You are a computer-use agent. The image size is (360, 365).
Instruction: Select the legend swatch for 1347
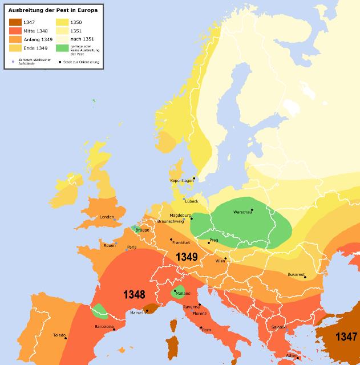pos(15,22)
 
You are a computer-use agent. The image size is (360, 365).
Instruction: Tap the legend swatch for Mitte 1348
pos(15,31)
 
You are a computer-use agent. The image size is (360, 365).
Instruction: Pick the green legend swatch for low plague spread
pos(62,47)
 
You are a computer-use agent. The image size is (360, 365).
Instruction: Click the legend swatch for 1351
pos(62,31)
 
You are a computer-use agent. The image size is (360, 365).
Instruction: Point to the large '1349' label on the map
pos(187,257)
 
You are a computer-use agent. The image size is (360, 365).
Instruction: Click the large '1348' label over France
pos(135,294)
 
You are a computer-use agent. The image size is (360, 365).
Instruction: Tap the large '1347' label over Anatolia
pos(346,336)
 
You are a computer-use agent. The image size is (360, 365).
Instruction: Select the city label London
pos(107,217)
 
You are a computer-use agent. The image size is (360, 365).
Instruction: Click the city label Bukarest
pos(296,274)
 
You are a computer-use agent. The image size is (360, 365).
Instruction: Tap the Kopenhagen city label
pos(181,180)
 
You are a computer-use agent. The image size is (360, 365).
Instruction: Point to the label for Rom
pos(207,330)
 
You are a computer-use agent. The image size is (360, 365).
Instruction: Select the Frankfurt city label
pos(180,242)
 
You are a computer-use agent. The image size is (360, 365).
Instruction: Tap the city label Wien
pos(220,261)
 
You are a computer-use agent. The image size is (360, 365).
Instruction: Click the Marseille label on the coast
pos(136,313)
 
